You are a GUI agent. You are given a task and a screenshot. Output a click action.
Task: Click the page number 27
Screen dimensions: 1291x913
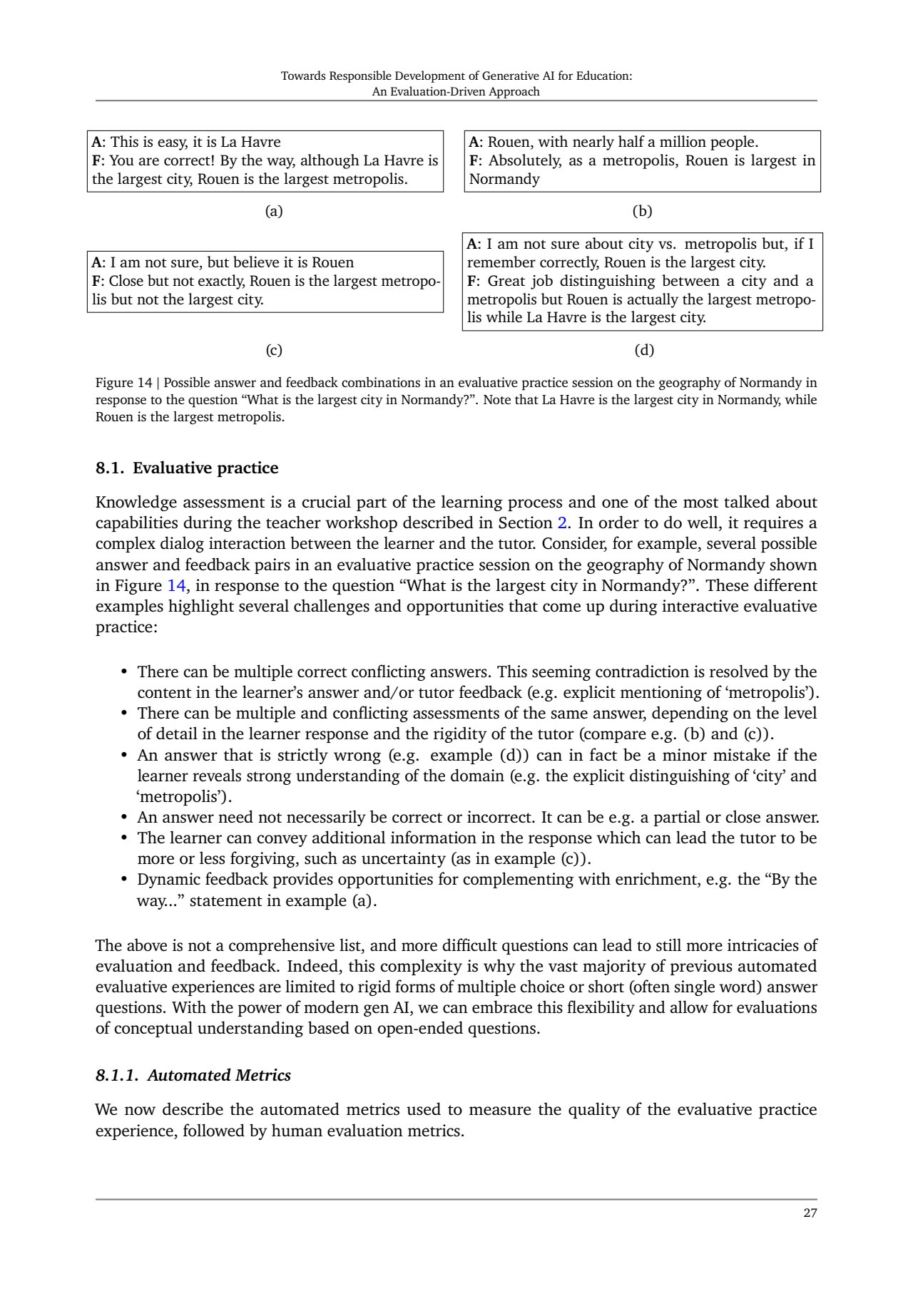coord(810,1213)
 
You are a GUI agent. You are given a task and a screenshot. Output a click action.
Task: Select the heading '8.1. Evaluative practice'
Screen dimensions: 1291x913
coord(187,468)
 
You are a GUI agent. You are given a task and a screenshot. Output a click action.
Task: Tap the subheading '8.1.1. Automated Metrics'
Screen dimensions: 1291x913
coord(193,1075)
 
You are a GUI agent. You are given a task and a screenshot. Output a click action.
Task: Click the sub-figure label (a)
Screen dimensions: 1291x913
coord(274,211)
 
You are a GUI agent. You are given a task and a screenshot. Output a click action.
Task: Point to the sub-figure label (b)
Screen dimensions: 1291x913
coord(643,211)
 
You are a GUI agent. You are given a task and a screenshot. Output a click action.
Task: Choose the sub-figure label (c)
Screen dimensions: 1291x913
coord(274,350)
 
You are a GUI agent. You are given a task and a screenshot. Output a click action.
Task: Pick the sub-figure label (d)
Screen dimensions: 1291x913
coord(643,350)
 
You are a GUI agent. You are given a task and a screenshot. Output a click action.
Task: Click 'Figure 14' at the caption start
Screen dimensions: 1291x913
coord(123,383)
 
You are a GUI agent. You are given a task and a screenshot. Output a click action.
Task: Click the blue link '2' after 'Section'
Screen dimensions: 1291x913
coord(562,523)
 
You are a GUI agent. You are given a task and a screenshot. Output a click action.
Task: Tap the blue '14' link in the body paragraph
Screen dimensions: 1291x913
coord(176,586)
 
